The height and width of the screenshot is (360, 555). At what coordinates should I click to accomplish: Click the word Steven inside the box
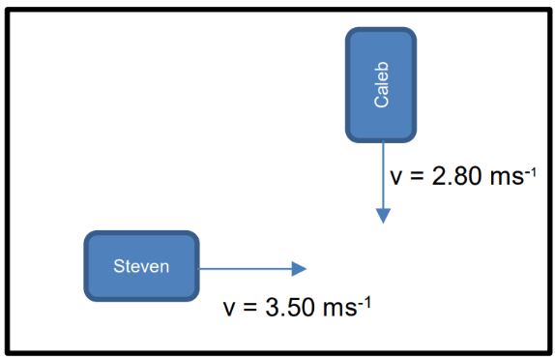[x=141, y=266]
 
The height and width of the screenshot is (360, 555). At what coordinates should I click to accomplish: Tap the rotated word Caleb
[x=382, y=84]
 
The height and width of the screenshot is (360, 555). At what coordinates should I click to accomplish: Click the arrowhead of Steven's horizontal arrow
[x=299, y=269]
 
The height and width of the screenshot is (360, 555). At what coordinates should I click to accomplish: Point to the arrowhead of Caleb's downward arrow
[x=383, y=216]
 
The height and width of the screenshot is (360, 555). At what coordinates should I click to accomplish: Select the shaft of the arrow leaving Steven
[x=245, y=269]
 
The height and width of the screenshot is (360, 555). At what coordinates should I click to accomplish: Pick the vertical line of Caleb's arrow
[x=383, y=175]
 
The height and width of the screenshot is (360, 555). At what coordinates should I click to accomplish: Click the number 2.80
[x=456, y=176]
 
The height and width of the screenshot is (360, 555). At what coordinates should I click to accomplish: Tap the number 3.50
[x=290, y=307]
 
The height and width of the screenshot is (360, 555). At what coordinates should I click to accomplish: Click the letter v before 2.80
[x=396, y=178]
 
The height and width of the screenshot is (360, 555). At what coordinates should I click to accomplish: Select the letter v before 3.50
[x=229, y=310]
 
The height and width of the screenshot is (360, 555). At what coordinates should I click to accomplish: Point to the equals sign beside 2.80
[x=417, y=176]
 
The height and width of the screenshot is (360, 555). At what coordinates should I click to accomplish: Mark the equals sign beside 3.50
[x=250, y=308]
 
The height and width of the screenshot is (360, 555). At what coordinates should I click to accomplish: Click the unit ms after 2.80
[x=507, y=178]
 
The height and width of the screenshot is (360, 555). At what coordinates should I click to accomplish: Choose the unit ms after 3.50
[x=340, y=309]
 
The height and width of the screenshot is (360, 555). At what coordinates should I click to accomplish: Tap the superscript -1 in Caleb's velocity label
[x=531, y=172]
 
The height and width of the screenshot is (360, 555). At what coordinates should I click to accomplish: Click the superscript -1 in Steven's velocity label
[x=365, y=303]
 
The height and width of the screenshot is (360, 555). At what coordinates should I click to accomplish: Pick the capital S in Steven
[x=119, y=266]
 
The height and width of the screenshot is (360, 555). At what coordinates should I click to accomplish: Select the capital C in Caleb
[x=382, y=101]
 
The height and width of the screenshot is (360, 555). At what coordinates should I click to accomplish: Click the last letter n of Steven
[x=164, y=268]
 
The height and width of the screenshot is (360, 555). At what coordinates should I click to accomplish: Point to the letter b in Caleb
[x=382, y=66]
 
